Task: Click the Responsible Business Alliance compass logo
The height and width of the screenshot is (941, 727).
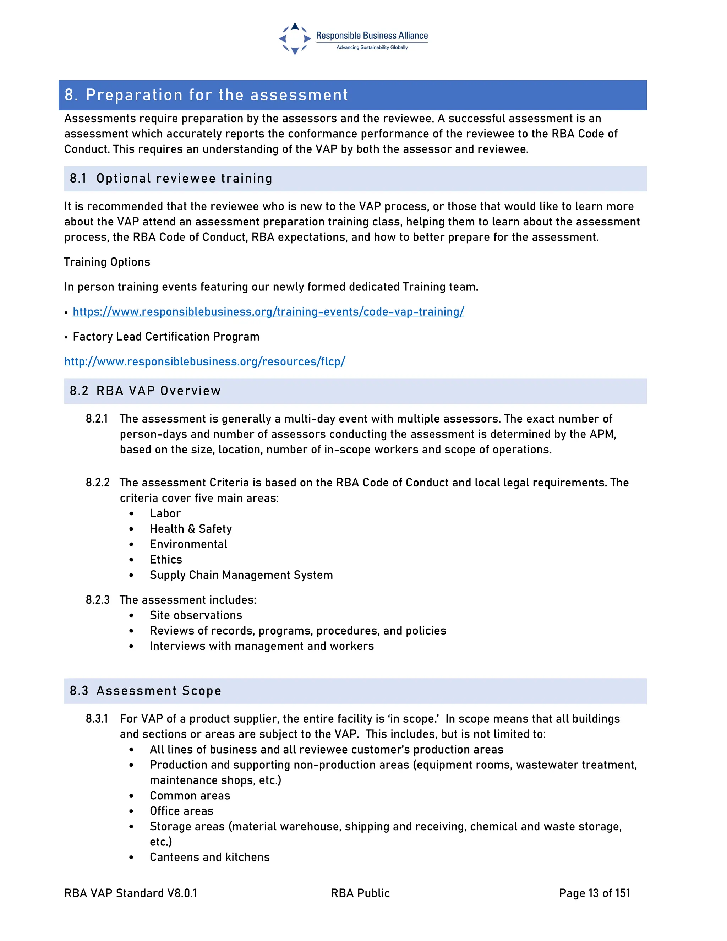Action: coord(295,38)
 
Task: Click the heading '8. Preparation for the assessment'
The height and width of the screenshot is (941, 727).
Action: coord(206,95)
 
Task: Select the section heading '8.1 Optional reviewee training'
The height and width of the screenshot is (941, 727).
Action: coord(171,178)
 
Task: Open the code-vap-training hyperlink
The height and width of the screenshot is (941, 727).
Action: coord(268,311)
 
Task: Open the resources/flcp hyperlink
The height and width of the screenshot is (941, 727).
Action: coord(204,361)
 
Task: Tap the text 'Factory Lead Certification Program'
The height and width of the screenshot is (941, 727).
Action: coord(166,337)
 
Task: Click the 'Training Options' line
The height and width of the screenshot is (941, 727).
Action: coord(107,262)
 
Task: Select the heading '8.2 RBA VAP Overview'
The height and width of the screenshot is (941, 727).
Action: coord(145,391)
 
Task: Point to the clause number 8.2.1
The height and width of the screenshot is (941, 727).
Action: coord(97,419)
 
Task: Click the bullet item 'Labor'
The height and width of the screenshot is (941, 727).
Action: coord(165,513)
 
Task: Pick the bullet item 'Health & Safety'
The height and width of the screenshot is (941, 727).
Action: coord(191,529)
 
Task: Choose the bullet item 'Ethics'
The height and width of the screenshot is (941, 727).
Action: coord(166,560)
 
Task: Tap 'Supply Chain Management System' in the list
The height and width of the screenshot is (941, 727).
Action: coord(241,575)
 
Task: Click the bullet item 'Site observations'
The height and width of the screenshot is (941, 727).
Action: coord(196,615)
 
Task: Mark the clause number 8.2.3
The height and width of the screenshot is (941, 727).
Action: coord(97,600)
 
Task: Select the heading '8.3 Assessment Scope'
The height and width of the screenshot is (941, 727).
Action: coord(145,691)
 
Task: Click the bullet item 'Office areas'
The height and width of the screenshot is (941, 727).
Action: coord(181,811)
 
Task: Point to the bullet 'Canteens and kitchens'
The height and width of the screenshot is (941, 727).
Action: coord(209,857)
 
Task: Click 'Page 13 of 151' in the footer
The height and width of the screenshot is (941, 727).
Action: coord(594,893)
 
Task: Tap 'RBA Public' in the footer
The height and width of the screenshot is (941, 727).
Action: coord(360,893)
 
